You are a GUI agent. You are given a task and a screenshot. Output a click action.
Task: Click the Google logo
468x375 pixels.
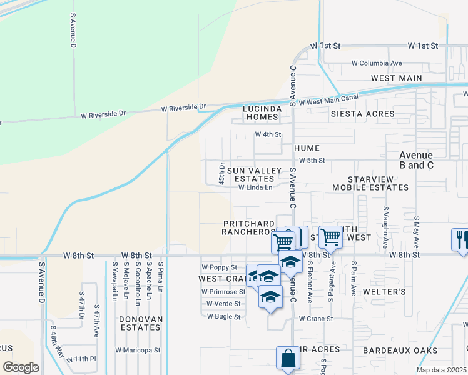tap(21, 367)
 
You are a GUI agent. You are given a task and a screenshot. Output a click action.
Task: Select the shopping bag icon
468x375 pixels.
tap(287, 359)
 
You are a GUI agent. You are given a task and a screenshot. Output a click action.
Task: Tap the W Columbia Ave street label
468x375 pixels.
tap(377, 63)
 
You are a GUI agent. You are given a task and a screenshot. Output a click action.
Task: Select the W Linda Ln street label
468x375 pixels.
tap(255, 187)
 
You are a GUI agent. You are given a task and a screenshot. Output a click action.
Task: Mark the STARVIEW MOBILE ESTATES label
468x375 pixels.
tap(379, 183)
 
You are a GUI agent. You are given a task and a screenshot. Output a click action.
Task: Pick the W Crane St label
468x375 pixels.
tap(316, 319)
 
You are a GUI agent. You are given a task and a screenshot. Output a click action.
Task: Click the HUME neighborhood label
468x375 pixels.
tap(307, 148)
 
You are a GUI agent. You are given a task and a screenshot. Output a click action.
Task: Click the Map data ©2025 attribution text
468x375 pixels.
tap(442, 370)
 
